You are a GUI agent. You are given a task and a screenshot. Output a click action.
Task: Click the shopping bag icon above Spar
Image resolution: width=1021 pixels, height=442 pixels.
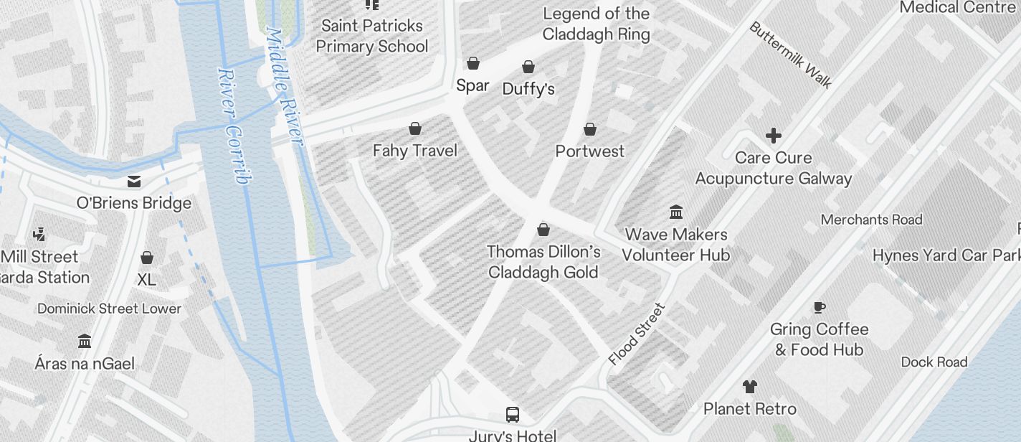(x=473, y=63)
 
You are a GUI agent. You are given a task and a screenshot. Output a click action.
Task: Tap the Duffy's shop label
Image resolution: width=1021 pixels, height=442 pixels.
(x=528, y=89)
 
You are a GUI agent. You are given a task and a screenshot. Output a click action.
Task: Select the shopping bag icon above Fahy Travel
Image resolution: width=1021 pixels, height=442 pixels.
(x=414, y=128)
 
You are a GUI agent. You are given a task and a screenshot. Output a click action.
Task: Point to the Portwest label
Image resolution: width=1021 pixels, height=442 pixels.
(x=590, y=151)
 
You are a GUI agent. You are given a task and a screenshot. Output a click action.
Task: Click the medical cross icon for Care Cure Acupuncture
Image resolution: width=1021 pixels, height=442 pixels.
(x=773, y=135)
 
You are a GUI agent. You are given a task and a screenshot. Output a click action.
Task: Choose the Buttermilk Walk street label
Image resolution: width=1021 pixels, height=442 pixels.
(x=790, y=55)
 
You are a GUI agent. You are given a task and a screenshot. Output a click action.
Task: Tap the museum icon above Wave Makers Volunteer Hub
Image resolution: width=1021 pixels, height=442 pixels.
(x=675, y=212)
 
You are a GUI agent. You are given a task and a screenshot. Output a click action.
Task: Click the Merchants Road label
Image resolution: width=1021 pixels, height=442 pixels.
(x=871, y=220)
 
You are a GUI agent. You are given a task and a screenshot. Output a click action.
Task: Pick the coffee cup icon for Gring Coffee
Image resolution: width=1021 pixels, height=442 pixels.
(x=819, y=307)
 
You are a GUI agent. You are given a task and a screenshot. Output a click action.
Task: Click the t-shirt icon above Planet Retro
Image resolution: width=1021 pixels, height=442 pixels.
(x=749, y=387)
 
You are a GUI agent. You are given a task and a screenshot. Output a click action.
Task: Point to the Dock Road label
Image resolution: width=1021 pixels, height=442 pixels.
(x=934, y=362)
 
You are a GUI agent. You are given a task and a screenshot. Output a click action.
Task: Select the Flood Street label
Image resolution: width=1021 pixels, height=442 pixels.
(x=637, y=334)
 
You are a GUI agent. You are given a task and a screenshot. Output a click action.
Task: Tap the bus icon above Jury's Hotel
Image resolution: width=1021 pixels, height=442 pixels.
(x=512, y=414)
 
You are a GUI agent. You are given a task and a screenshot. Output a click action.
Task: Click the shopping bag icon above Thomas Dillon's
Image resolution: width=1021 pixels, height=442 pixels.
(x=543, y=230)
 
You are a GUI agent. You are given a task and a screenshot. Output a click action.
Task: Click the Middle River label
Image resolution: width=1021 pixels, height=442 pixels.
(x=285, y=86)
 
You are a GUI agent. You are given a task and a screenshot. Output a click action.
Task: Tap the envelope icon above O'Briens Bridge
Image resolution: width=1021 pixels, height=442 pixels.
(x=134, y=181)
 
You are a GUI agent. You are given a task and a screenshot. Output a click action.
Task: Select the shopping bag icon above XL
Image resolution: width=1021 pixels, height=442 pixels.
(x=146, y=258)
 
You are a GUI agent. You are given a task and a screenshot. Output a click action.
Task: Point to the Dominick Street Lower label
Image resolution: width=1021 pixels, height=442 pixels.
(x=109, y=309)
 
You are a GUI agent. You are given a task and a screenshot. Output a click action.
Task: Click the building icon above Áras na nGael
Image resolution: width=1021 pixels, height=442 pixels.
(x=84, y=341)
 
